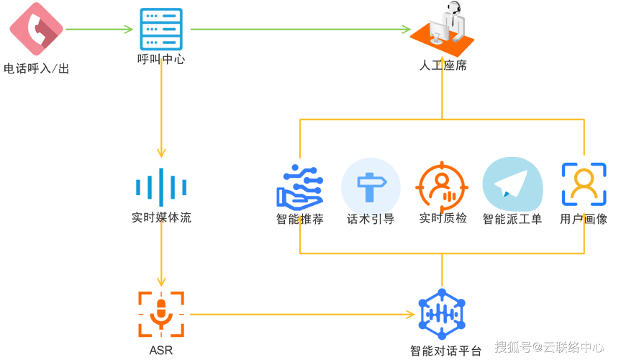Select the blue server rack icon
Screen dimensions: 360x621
click(x=161, y=29)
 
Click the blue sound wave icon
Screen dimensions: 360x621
click(x=161, y=186)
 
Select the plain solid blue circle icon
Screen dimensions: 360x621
click(x=371, y=184)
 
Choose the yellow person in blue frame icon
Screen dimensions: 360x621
click(x=584, y=184)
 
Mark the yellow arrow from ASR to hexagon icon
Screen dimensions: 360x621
click(x=302, y=315)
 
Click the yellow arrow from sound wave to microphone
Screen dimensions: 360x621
click(x=161, y=256)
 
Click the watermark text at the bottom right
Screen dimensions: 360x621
click(x=548, y=346)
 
